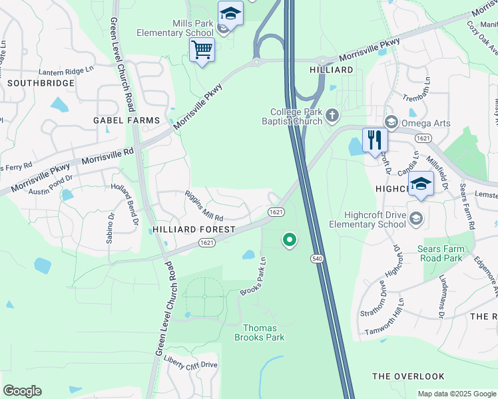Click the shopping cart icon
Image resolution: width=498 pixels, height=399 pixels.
point(202,49)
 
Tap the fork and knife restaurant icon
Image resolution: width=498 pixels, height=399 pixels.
point(375,140)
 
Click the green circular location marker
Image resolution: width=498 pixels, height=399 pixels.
point(289,239)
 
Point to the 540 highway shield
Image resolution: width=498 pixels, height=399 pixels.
point(317,258)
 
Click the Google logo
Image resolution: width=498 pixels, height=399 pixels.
point(22,391)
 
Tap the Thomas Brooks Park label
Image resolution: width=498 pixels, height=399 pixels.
point(263,332)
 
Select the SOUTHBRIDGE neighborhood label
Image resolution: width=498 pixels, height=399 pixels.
point(32,83)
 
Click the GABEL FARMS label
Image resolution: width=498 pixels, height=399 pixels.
point(126,120)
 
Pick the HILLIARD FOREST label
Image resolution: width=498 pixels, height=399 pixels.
point(194,229)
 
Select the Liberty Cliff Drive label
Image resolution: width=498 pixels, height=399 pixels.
point(190,365)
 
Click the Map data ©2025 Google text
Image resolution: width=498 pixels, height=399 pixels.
point(456,394)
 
